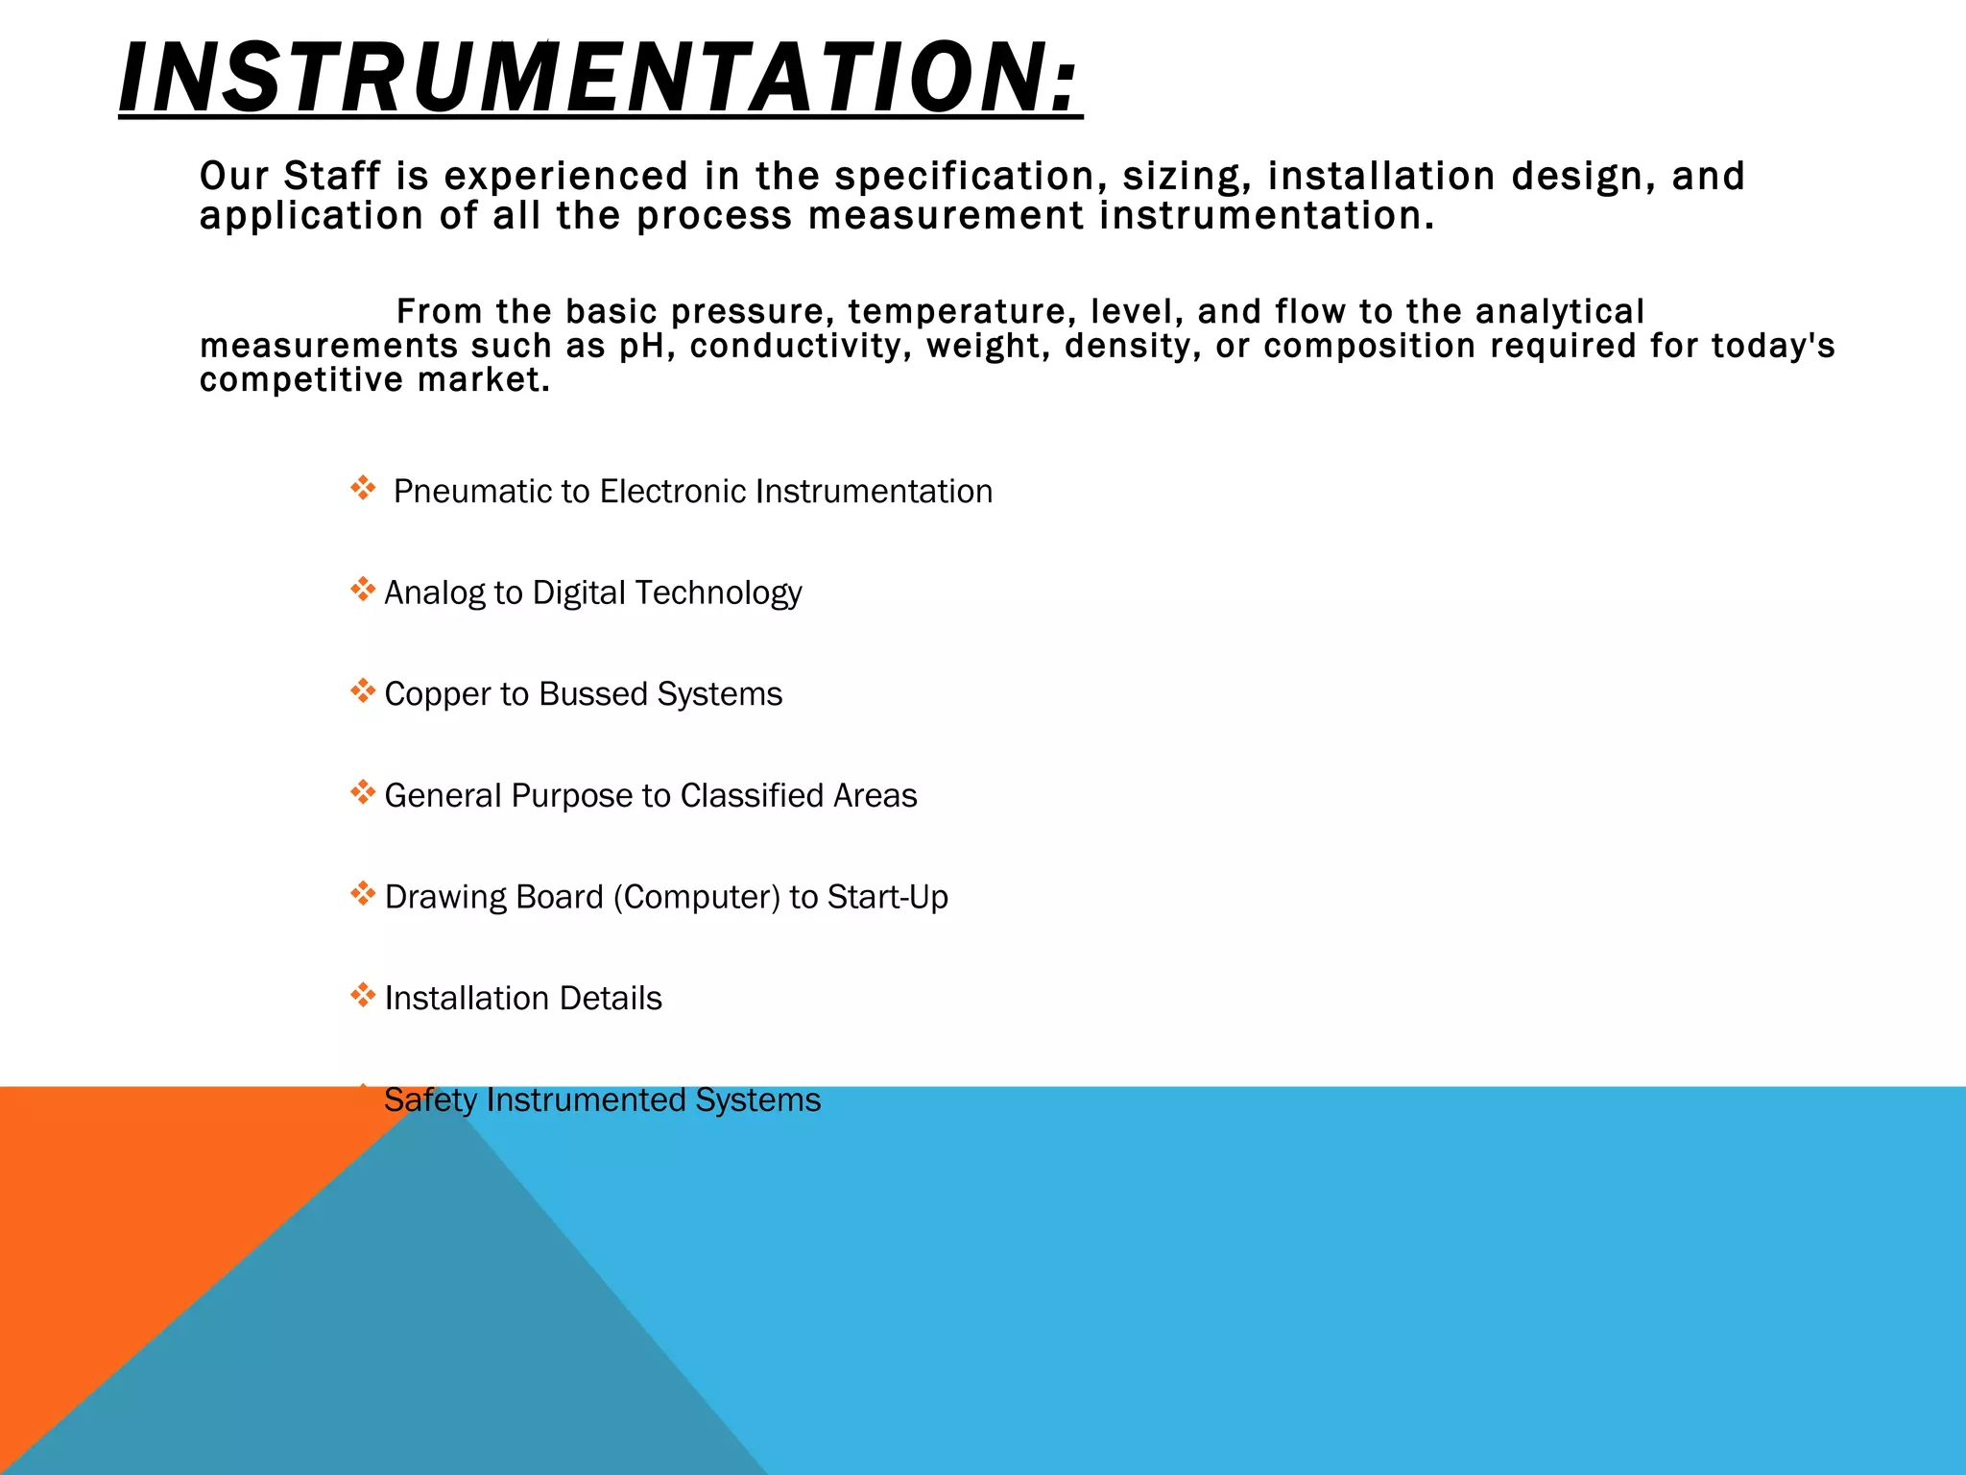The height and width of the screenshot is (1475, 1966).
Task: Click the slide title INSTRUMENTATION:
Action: tap(600, 79)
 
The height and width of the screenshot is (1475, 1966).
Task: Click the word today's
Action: tap(1773, 346)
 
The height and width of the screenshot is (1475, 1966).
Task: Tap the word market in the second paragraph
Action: tap(483, 380)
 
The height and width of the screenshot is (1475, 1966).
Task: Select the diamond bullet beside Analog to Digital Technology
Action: tap(363, 590)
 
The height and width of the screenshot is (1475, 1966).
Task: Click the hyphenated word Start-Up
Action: tap(887, 897)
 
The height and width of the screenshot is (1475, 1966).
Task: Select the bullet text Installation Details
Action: tap(523, 999)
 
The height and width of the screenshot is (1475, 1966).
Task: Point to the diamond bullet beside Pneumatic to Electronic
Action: tap(363, 489)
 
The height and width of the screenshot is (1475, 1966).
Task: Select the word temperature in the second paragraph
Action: tap(955, 312)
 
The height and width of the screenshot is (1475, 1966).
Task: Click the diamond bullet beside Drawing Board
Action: tap(363, 894)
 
